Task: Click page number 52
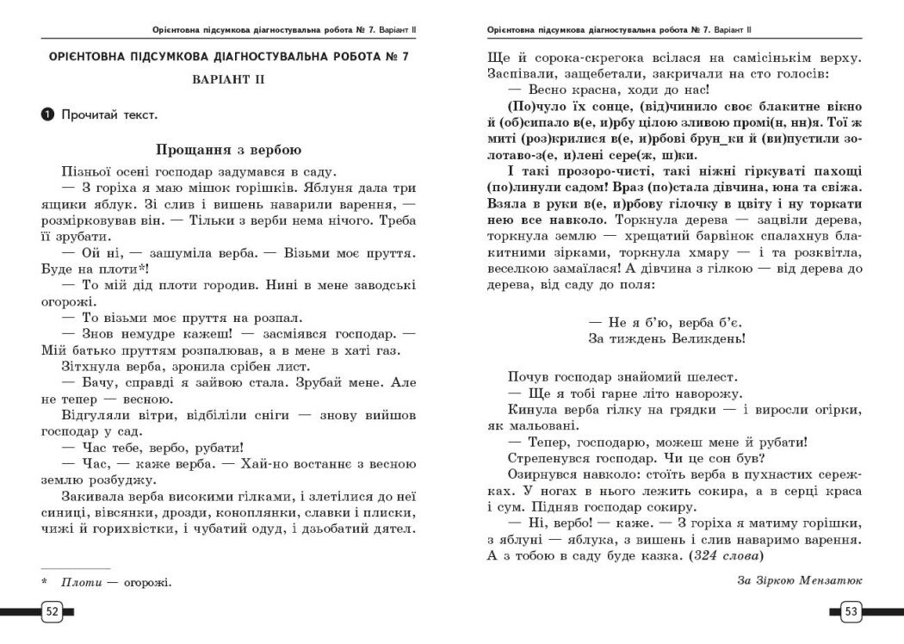click(51, 611)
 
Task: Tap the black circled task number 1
click(45, 113)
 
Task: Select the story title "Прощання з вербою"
click(227, 148)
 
